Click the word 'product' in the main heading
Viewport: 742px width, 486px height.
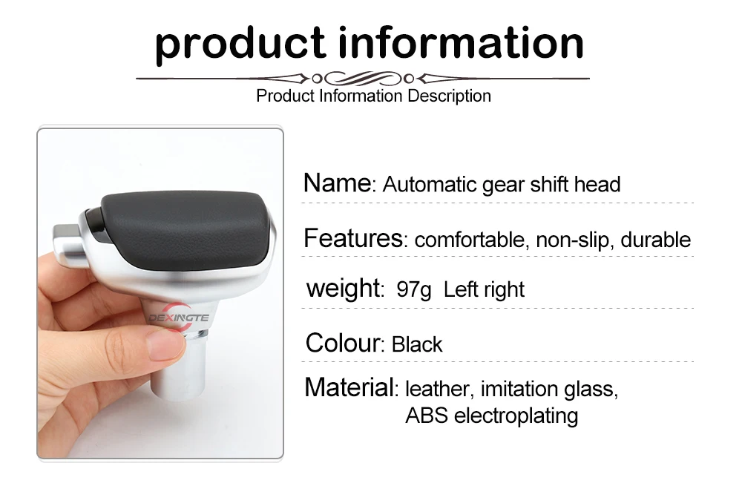point(240,45)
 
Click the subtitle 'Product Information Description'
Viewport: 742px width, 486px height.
point(373,96)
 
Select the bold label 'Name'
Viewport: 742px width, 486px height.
point(338,183)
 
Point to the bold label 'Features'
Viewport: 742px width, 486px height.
point(353,238)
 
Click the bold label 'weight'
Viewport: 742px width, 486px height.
point(343,289)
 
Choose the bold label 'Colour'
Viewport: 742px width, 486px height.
point(343,343)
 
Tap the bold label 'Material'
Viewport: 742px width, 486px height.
point(349,387)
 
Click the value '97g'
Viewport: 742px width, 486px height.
point(413,289)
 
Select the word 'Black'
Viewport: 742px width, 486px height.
point(417,344)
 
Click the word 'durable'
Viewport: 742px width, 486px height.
point(655,240)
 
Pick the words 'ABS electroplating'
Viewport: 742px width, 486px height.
point(492,416)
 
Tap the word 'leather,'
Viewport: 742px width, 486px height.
point(438,389)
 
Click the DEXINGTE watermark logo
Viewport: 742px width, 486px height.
point(178,317)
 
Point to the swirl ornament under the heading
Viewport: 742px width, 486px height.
point(363,78)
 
